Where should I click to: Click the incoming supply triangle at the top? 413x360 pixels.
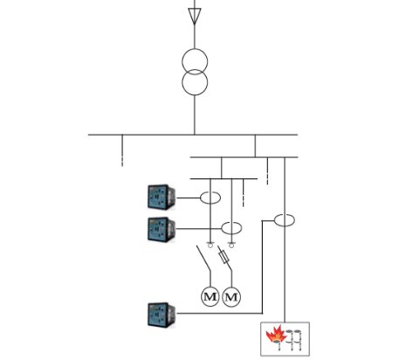194,15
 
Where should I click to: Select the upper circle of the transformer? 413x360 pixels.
194,62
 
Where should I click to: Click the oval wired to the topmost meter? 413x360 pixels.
210,197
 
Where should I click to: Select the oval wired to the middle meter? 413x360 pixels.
231,229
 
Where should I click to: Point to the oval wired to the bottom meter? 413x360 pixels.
285,219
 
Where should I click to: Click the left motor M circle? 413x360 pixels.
210,297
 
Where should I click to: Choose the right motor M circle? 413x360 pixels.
231,297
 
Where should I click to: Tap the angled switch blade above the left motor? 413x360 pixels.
203,260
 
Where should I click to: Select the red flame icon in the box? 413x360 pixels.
274,336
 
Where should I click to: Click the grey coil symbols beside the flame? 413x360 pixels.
295,338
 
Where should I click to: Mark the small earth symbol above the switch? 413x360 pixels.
210,243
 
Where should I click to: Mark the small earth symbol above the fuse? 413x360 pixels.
231,244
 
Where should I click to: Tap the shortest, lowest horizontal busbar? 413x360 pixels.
224,177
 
